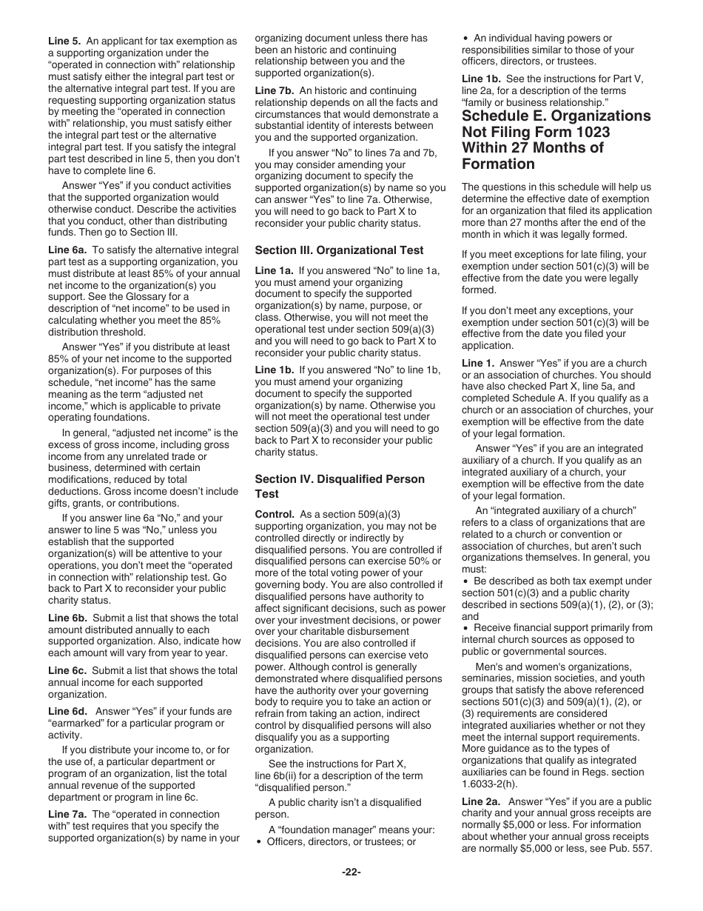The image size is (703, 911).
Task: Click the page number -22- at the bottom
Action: pyautogui.click(x=351, y=872)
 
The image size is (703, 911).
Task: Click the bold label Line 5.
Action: pyautogui.click(x=64, y=41)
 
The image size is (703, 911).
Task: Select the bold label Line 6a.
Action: pyautogui.click(x=67, y=250)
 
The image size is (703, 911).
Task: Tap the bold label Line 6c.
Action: pyautogui.click(x=67, y=670)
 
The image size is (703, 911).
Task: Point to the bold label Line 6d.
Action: pyautogui.click(x=67, y=711)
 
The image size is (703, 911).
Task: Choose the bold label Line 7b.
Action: pyautogui.click(x=275, y=90)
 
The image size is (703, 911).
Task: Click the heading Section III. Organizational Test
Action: pyautogui.click(x=339, y=250)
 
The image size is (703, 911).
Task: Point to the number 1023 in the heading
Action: pyautogui.click(x=591, y=132)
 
